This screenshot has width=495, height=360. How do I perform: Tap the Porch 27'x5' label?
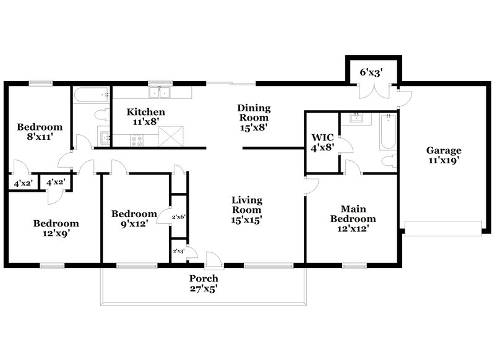pyautogui.click(x=204, y=283)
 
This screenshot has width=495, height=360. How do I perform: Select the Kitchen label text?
pyautogui.click(x=146, y=117)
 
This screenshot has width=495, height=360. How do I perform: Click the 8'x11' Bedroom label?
pyautogui.click(x=40, y=132)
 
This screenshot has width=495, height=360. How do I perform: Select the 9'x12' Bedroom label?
pyautogui.click(x=134, y=219)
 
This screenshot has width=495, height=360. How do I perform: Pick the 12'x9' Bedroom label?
pyautogui.click(x=56, y=228)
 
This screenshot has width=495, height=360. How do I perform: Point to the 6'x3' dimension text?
pyautogui.click(x=371, y=72)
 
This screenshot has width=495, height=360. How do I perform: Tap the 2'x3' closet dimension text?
pyautogui.click(x=179, y=251)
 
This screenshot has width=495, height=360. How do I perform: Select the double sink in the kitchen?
pyautogui.click(x=160, y=93)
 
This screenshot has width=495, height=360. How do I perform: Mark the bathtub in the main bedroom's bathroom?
pyautogui.click(x=387, y=131)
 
